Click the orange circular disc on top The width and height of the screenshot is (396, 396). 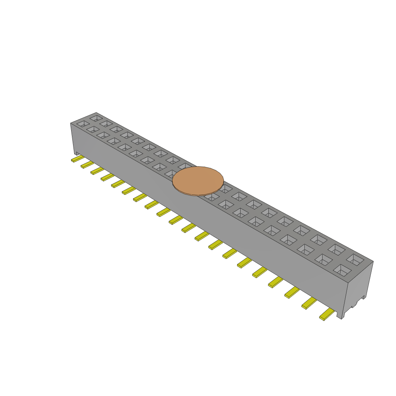click(x=198, y=181)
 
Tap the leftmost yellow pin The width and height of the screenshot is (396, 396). click(x=77, y=159)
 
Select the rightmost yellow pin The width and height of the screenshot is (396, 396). click(x=327, y=315)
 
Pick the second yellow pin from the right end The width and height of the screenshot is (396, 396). click(x=309, y=303)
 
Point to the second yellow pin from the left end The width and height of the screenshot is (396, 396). click(x=87, y=165)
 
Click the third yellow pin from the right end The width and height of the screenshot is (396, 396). click(x=292, y=292)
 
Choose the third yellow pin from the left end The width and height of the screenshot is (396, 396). click(x=97, y=171)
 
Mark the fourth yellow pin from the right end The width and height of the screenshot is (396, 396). click(x=275, y=282)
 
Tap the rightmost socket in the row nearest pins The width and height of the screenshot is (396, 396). click(x=342, y=270)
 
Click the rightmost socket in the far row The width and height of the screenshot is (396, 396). click(x=355, y=259)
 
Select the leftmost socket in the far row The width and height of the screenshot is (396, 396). click(x=96, y=118)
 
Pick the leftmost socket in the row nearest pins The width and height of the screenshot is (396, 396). click(x=83, y=124)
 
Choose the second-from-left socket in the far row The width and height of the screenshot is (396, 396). click(x=106, y=123)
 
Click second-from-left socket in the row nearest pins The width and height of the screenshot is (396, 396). click(x=93, y=129)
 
